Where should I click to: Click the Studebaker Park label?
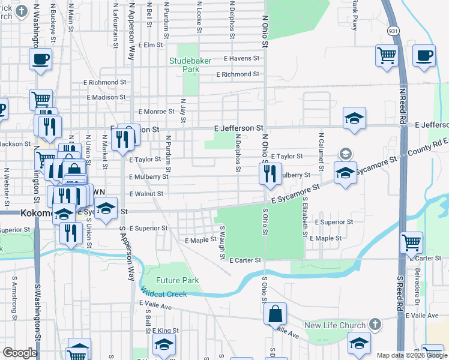click(191, 65)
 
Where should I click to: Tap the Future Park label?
click(177, 280)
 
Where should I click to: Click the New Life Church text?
click(335, 326)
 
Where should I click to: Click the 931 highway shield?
click(392, 30)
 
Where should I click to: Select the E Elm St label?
click(150, 45)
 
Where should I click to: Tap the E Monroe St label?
click(156, 112)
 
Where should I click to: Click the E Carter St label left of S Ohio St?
click(246, 260)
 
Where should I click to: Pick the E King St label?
click(165, 331)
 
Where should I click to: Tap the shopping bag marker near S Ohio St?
click(274, 313)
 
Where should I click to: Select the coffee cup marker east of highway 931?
click(424, 56)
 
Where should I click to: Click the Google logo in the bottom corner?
click(20, 353)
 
